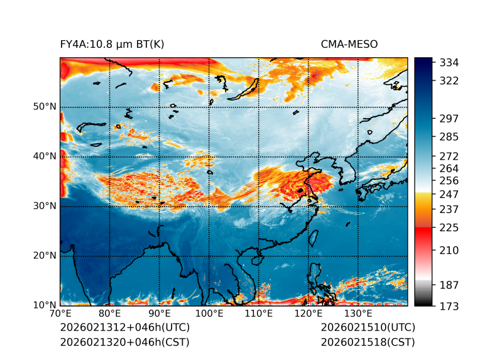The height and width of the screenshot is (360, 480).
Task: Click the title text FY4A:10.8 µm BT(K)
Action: pos(112,44)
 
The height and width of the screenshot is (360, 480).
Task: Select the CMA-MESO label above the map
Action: pos(349,44)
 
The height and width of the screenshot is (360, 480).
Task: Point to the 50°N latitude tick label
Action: pos(45,107)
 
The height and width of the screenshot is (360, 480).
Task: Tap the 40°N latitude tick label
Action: pos(45,156)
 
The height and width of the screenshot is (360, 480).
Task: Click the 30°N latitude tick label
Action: pos(45,206)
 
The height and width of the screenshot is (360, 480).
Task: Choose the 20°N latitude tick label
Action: pos(45,256)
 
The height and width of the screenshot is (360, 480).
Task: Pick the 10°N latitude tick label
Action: pos(45,305)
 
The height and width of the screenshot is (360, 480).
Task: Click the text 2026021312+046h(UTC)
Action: pos(124,328)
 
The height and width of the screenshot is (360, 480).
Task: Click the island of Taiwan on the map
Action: pos(314,238)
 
